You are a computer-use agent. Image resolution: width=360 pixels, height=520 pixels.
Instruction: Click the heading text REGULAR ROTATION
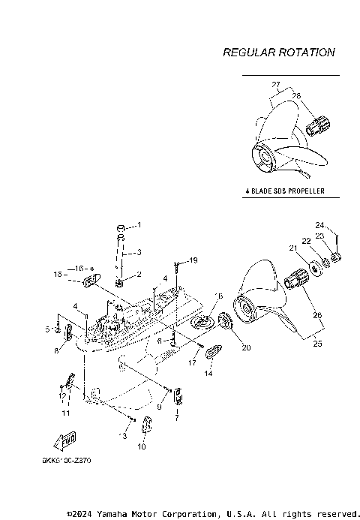click(x=279, y=53)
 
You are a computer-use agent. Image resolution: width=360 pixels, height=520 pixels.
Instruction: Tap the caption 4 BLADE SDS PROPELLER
click(x=284, y=191)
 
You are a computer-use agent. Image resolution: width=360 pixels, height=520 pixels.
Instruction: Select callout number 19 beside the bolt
click(x=193, y=260)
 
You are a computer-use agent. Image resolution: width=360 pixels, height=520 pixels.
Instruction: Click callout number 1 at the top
click(x=138, y=225)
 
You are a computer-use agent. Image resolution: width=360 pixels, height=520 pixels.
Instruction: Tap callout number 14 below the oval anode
click(x=209, y=373)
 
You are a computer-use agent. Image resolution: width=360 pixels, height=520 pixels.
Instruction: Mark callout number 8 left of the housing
click(x=57, y=350)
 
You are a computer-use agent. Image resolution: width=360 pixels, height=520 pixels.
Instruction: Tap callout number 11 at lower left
click(x=66, y=413)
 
